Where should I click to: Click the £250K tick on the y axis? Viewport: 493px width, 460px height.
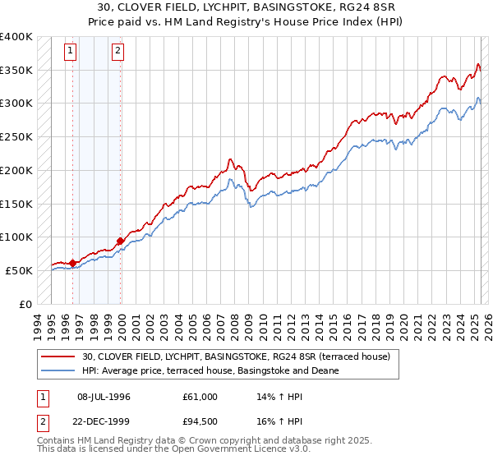16,137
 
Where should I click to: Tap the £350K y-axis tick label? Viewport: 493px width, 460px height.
16,71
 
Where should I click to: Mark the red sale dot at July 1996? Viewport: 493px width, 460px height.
73,263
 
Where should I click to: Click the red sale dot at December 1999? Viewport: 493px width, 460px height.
121,241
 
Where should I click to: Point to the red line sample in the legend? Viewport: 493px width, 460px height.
59,356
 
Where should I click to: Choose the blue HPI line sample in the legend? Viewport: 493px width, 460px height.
59,370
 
